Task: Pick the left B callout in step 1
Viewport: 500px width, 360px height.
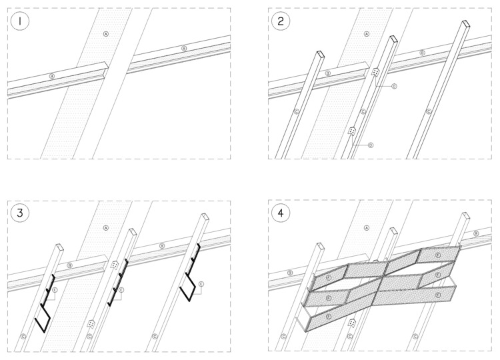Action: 52,77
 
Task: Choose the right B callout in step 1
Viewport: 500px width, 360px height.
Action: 184,49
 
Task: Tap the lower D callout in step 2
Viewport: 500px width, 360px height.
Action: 371,145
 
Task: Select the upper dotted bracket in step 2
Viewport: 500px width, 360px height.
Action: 376,72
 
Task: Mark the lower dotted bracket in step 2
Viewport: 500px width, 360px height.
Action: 351,132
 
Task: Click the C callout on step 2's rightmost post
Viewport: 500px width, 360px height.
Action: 428,111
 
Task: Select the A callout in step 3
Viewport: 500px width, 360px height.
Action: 105,228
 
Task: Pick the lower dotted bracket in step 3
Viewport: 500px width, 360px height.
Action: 91,323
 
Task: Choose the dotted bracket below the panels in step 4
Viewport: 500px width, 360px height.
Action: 351,324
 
